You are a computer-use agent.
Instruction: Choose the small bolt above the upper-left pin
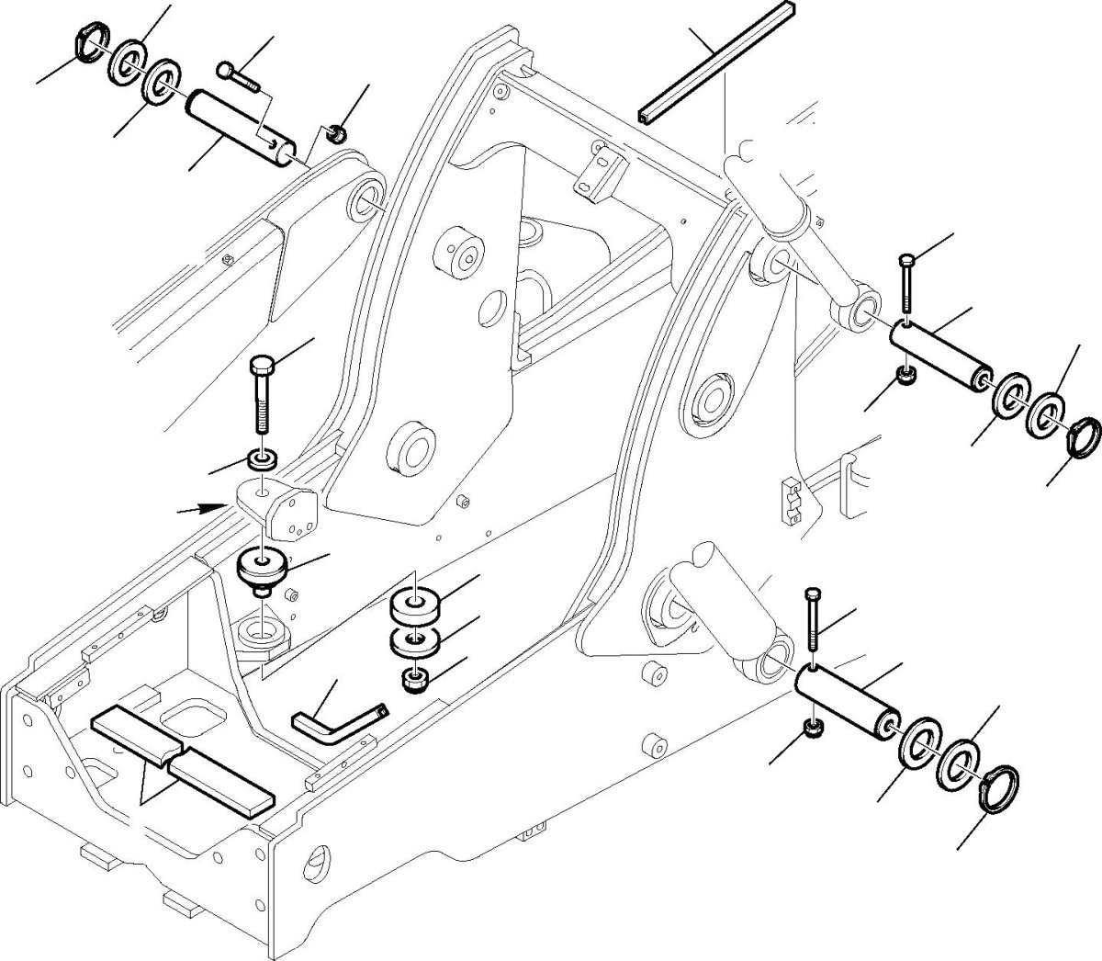(240, 76)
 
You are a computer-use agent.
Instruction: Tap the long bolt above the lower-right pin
(812, 625)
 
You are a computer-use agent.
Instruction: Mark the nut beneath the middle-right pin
(903, 377)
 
